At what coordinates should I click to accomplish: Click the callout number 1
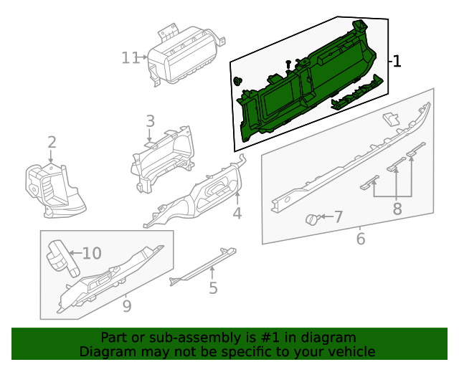(x=397, y=62)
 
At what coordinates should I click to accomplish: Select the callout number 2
(x=52, y=142)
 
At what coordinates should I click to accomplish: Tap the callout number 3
(x=150, y=121)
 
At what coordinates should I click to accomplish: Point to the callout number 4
(x=237, y=213)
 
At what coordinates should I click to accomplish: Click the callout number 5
(x=213, y=288)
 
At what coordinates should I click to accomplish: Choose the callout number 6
(x=360, y=239)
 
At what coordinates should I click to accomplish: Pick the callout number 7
(x=338, y=216)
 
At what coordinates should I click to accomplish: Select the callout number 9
(x=127, y=306)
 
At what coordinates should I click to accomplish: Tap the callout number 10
(x=92, y=253)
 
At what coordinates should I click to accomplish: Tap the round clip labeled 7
(x=313, y=219)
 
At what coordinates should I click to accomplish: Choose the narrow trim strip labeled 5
(x=204, y=265)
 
